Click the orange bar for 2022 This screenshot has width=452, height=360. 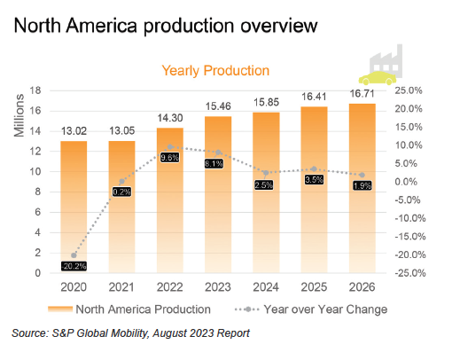pyautogui.click(x=170, y=200)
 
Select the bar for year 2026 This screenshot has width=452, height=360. pyautogui.click(x=362, y=188)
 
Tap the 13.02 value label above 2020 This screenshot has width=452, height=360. pyautogui.click(x=74, y=131)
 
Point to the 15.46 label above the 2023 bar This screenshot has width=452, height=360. pyautogui.click(x=218, y=106)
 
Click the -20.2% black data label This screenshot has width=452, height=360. pyautogui.click(x=74, y=266)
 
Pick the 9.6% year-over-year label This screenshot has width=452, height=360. pyautogui.click(x=170, y=157)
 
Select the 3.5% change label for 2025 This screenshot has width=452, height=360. pyautogui.click(x=314, y=179)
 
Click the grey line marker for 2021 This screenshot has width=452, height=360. pyautogui.click(x=121, y=181)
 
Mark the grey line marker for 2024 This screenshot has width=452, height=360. pyautogui.click(x=266, y=173)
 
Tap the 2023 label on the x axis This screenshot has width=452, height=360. pyautogui.click(x=218, y=287)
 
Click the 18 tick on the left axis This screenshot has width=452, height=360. pyautogui.click(x=35, y=90)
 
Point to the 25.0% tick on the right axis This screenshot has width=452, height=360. pyautogui.click(x=409, y=90)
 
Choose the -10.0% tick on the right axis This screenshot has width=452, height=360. pyautogui.click(x=410, y=218)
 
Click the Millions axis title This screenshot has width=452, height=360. pyautogui.click(x=19, y=115)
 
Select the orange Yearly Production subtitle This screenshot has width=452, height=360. pyautogui.click(x=215, y=71)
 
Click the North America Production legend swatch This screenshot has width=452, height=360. pyautogui.click(x=60, y=309)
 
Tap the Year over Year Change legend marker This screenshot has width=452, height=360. pyautogui.click(x=247, y=309)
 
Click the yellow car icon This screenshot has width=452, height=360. pyautogui.click(x=378, y=78)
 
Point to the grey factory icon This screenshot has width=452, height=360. pyautogui.click(x=386, y=60)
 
